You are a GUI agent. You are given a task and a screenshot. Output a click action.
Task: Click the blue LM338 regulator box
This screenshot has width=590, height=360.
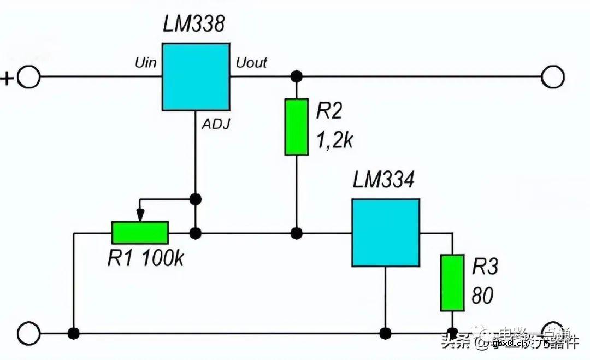(196, 76)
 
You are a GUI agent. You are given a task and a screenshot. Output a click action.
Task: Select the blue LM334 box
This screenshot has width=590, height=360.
(386, 232)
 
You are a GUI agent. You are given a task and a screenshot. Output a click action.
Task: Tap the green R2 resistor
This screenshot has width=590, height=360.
(297, 127)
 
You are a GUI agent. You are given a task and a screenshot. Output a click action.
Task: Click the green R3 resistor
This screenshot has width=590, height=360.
(452, 282)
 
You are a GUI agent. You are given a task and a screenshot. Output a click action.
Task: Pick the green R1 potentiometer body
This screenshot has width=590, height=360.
(140, 233)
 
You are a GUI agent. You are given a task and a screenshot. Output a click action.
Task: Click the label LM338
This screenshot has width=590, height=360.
(194, 25)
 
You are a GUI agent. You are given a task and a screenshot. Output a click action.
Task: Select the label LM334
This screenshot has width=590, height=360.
(383, 180)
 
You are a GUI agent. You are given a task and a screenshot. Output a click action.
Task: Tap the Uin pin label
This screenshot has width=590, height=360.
(145, 62)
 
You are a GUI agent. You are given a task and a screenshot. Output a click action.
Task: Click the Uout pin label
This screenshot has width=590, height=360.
(251, 63)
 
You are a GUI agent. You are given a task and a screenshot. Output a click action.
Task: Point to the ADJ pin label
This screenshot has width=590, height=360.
(216, 125)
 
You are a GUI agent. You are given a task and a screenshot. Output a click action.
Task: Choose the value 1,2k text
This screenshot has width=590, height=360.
(335, 141)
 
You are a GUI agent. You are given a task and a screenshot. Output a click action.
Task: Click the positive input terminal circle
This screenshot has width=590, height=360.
(28, 76)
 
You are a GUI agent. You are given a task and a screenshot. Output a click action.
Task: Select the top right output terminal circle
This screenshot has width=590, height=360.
(552, 76)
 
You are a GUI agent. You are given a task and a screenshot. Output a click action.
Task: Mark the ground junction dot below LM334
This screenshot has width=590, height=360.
(386, 333)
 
